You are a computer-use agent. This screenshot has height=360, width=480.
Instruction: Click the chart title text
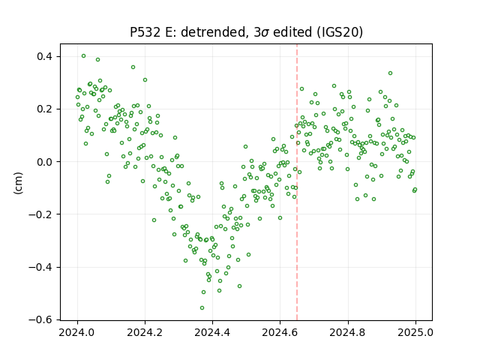point(246,32)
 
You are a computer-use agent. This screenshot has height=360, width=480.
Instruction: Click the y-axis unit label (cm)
point(18,183)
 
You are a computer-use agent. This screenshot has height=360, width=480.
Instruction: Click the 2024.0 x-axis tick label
point(77,332)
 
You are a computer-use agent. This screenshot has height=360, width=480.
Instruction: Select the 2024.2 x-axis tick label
point(145,332)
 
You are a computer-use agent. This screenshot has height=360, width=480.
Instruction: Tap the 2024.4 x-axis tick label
point(212,332)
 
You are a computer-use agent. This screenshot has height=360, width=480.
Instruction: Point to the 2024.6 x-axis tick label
point(280,332)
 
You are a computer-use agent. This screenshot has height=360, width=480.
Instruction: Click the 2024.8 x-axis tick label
point(348,332)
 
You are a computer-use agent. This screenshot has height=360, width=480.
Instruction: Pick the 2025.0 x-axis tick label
point(415,332)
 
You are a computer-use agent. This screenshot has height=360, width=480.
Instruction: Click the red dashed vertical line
point(297,182)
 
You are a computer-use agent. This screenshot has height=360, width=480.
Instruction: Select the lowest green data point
point(202,308)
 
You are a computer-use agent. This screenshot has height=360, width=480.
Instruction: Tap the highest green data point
point(83,56)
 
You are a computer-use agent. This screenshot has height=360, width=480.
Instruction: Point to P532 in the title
point(145,32)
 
